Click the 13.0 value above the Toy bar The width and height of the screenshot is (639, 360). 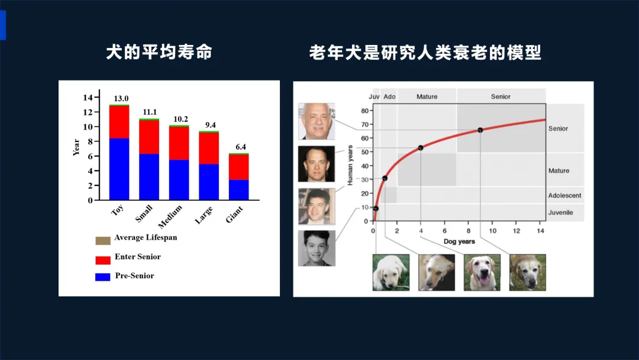(x=121, y=99)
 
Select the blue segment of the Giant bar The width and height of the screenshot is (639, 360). (x=239, y=189)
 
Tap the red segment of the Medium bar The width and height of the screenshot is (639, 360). (x=179, y=143)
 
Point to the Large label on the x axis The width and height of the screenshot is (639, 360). (x=204, y=215)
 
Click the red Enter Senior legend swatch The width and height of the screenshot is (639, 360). (x=103, y=260)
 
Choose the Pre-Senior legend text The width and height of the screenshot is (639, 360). (x=134, y=275)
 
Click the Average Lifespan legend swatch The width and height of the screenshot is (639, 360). (x=103, y=240)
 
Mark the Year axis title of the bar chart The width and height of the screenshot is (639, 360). (x=76, y=147)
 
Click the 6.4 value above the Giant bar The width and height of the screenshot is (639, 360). (x=240, y=147)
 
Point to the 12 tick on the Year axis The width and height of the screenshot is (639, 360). (x=88, y=112)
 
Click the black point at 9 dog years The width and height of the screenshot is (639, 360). (x=480, y=130)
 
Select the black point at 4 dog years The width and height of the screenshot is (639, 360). (x=421, y=147)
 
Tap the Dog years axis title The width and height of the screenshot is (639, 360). (x=459, y=242)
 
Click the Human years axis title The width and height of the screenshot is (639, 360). (x=350, y=165)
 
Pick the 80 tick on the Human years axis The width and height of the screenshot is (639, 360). (x=364, y=111)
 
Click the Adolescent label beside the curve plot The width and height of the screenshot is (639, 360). (x=564, y=195)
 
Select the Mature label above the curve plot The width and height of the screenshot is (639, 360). (x=427, y=97)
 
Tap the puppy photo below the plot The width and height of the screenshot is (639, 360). (x=391, y=272)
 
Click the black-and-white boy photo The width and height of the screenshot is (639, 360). (x=317, y=248)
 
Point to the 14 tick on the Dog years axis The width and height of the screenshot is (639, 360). (x=540, y=231)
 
